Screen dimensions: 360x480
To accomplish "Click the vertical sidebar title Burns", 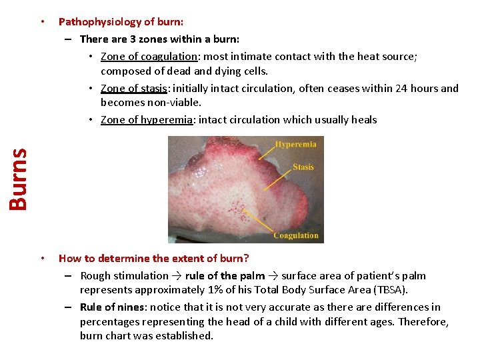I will tap(18, 178).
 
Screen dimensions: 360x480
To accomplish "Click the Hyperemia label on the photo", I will tap(296, 145).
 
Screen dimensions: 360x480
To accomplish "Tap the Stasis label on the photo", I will tap(303, 167).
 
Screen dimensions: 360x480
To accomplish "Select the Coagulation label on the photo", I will tap(295, 235).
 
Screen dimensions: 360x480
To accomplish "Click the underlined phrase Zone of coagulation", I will tap(149, 57).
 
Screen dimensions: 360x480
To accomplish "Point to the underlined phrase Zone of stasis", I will tap(133, 88).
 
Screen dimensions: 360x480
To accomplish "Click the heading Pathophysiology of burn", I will tap(121, 22).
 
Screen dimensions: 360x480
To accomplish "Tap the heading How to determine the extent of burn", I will tap(153, 258).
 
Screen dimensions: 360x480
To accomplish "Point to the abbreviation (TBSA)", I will tap(387, 290).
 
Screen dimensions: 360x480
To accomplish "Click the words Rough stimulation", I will tap(125, 275).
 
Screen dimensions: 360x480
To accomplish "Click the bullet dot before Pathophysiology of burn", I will tap(42, 22).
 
